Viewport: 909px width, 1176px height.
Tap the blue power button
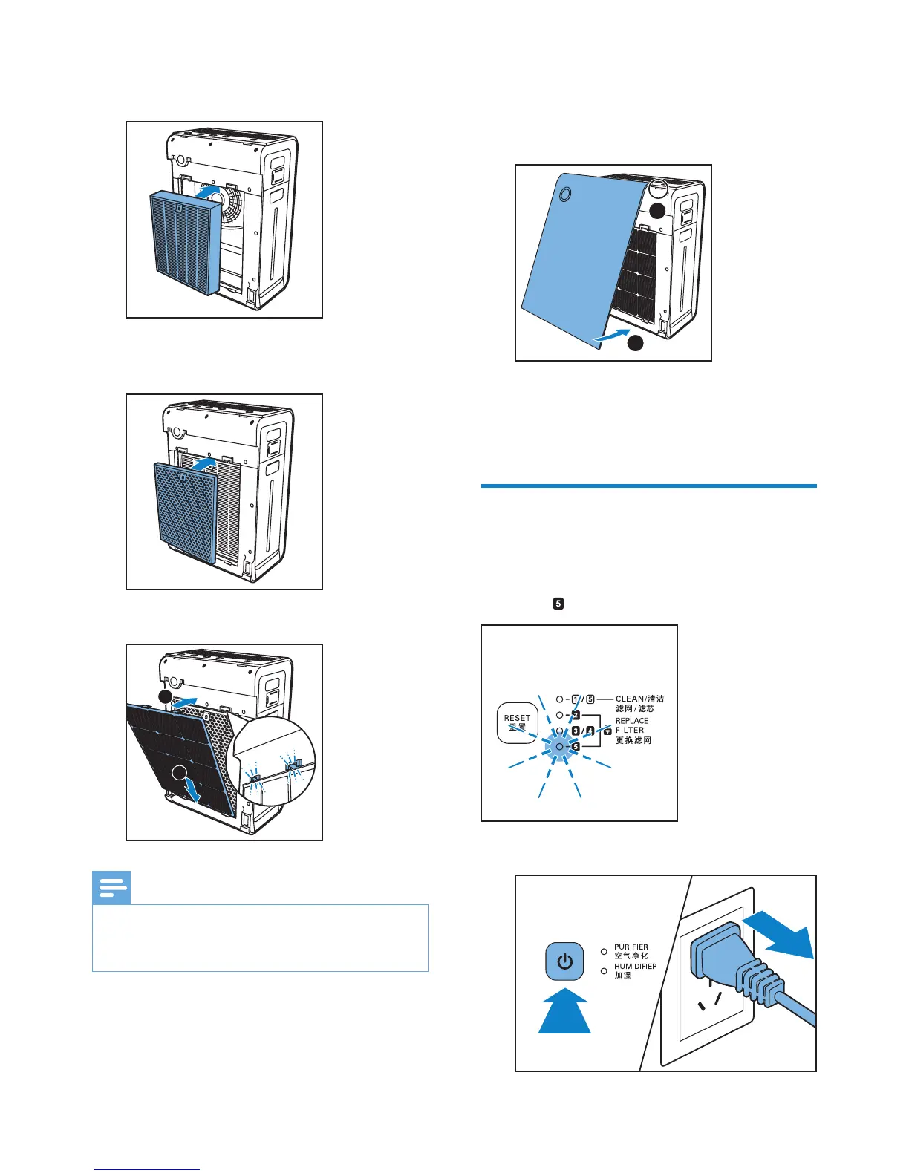[564, 961]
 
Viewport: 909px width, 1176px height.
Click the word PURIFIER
[631, 947]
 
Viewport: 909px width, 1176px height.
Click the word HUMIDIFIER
[635, 967]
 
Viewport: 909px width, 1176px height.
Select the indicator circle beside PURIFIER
[604, 951]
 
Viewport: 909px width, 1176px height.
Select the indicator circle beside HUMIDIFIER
[604, 970]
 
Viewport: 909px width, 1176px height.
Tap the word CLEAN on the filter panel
[630, 699]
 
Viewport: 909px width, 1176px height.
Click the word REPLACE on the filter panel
[632, 721]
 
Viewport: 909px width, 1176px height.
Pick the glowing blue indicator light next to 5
[558, 745]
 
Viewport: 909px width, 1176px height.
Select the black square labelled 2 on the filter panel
[576, 715]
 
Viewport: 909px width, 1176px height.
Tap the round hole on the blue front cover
[564, 194]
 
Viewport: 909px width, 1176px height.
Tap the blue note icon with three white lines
[111, 888]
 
